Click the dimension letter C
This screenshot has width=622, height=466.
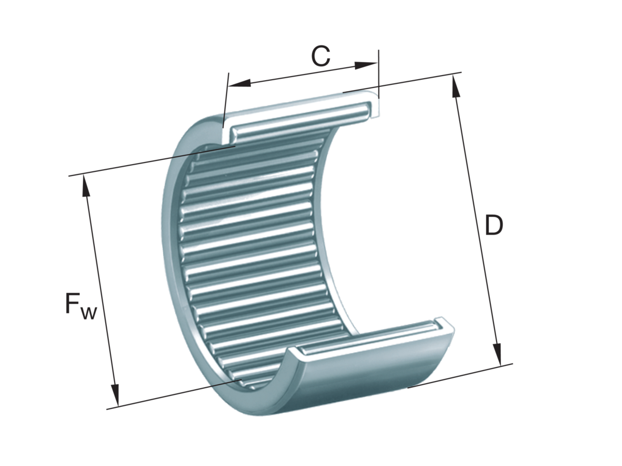point(320,56)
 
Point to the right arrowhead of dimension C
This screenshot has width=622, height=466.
point(366,65)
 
